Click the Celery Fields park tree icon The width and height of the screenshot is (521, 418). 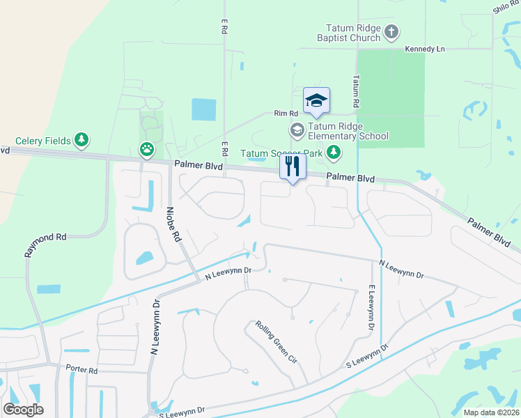pos(82,141)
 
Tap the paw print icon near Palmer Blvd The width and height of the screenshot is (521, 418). pos(147,148)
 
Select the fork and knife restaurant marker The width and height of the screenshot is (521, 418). pos(293,167)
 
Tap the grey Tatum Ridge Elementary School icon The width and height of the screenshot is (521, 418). pos(297,130)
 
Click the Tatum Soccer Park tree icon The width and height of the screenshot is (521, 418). pos(334,153)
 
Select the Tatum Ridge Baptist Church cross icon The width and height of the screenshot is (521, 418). pos(391,31)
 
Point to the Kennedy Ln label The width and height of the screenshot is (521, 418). pos(425,49)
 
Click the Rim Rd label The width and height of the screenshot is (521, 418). pos(286,114)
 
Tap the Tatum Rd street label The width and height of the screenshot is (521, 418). pos(356,91)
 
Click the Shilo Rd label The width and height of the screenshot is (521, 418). pos(506,7)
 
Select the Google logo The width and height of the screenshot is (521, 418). pos(23,410)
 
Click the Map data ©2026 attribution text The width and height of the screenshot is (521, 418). pos(492,412)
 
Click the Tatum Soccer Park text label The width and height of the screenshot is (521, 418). pos(281,153)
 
